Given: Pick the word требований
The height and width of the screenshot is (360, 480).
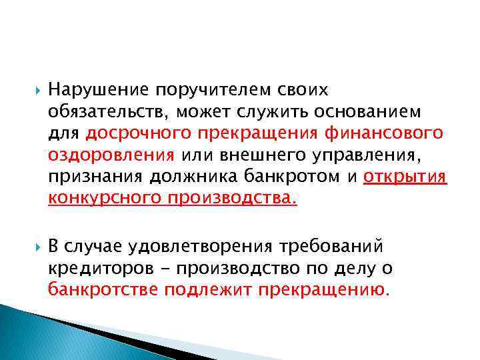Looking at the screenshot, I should (x=341, y=247).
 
